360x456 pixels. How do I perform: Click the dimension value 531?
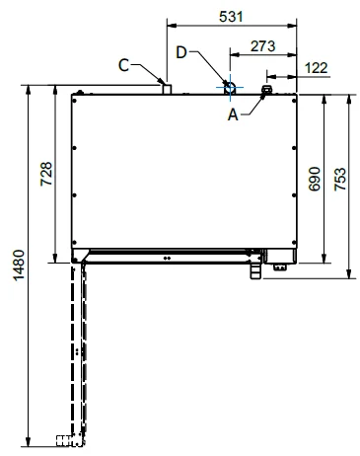231,17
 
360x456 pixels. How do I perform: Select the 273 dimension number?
262,46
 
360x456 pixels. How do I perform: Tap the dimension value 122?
316,68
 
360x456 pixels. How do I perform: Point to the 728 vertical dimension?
46,174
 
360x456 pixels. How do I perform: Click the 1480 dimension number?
19,266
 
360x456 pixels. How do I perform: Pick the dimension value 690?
315,179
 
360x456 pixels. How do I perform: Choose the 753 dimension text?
340,179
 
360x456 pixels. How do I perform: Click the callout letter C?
123,65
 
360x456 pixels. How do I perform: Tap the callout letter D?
181,52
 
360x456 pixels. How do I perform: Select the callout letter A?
233,114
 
